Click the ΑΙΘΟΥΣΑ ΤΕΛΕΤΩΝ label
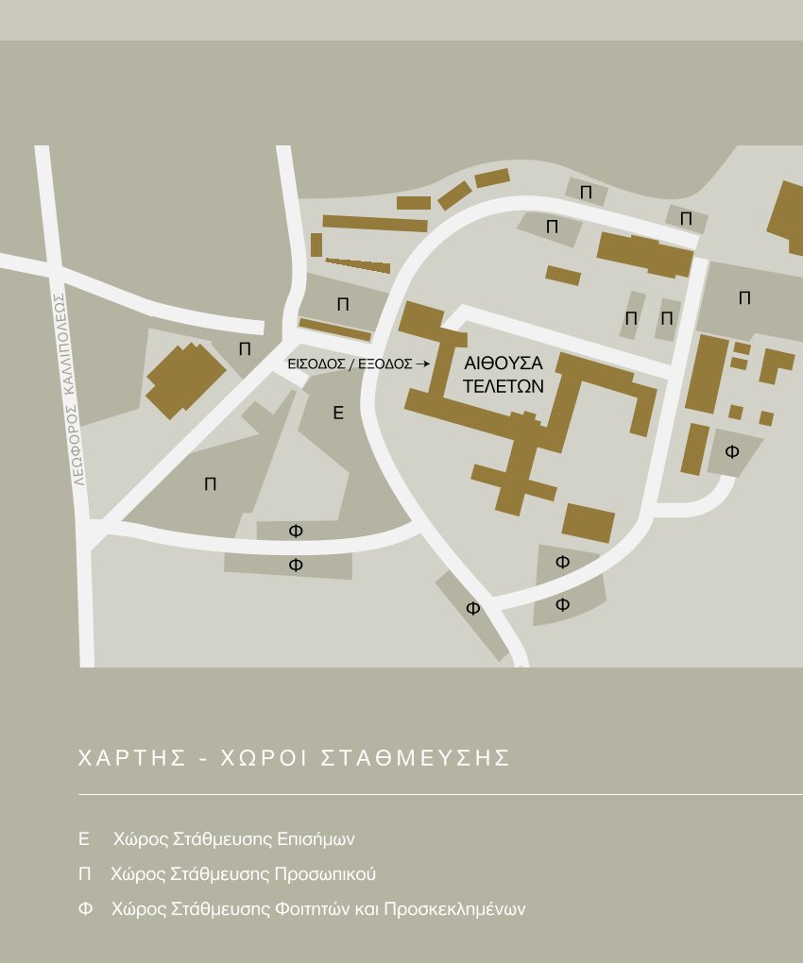pos(504,374)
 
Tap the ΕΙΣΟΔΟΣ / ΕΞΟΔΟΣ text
pos(350,363)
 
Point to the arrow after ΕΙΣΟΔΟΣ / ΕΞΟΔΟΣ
pos(423,363)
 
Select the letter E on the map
pos(338,413)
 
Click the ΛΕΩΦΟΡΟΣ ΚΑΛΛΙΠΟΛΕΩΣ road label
pos(69,388)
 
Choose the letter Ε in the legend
pos(83,838)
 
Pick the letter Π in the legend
pos(84,874)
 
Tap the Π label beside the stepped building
pos(246,348)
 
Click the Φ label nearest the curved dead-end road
pos(732,452)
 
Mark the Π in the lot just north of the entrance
pos(343,304)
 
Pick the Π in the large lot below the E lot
pos(210,484)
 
